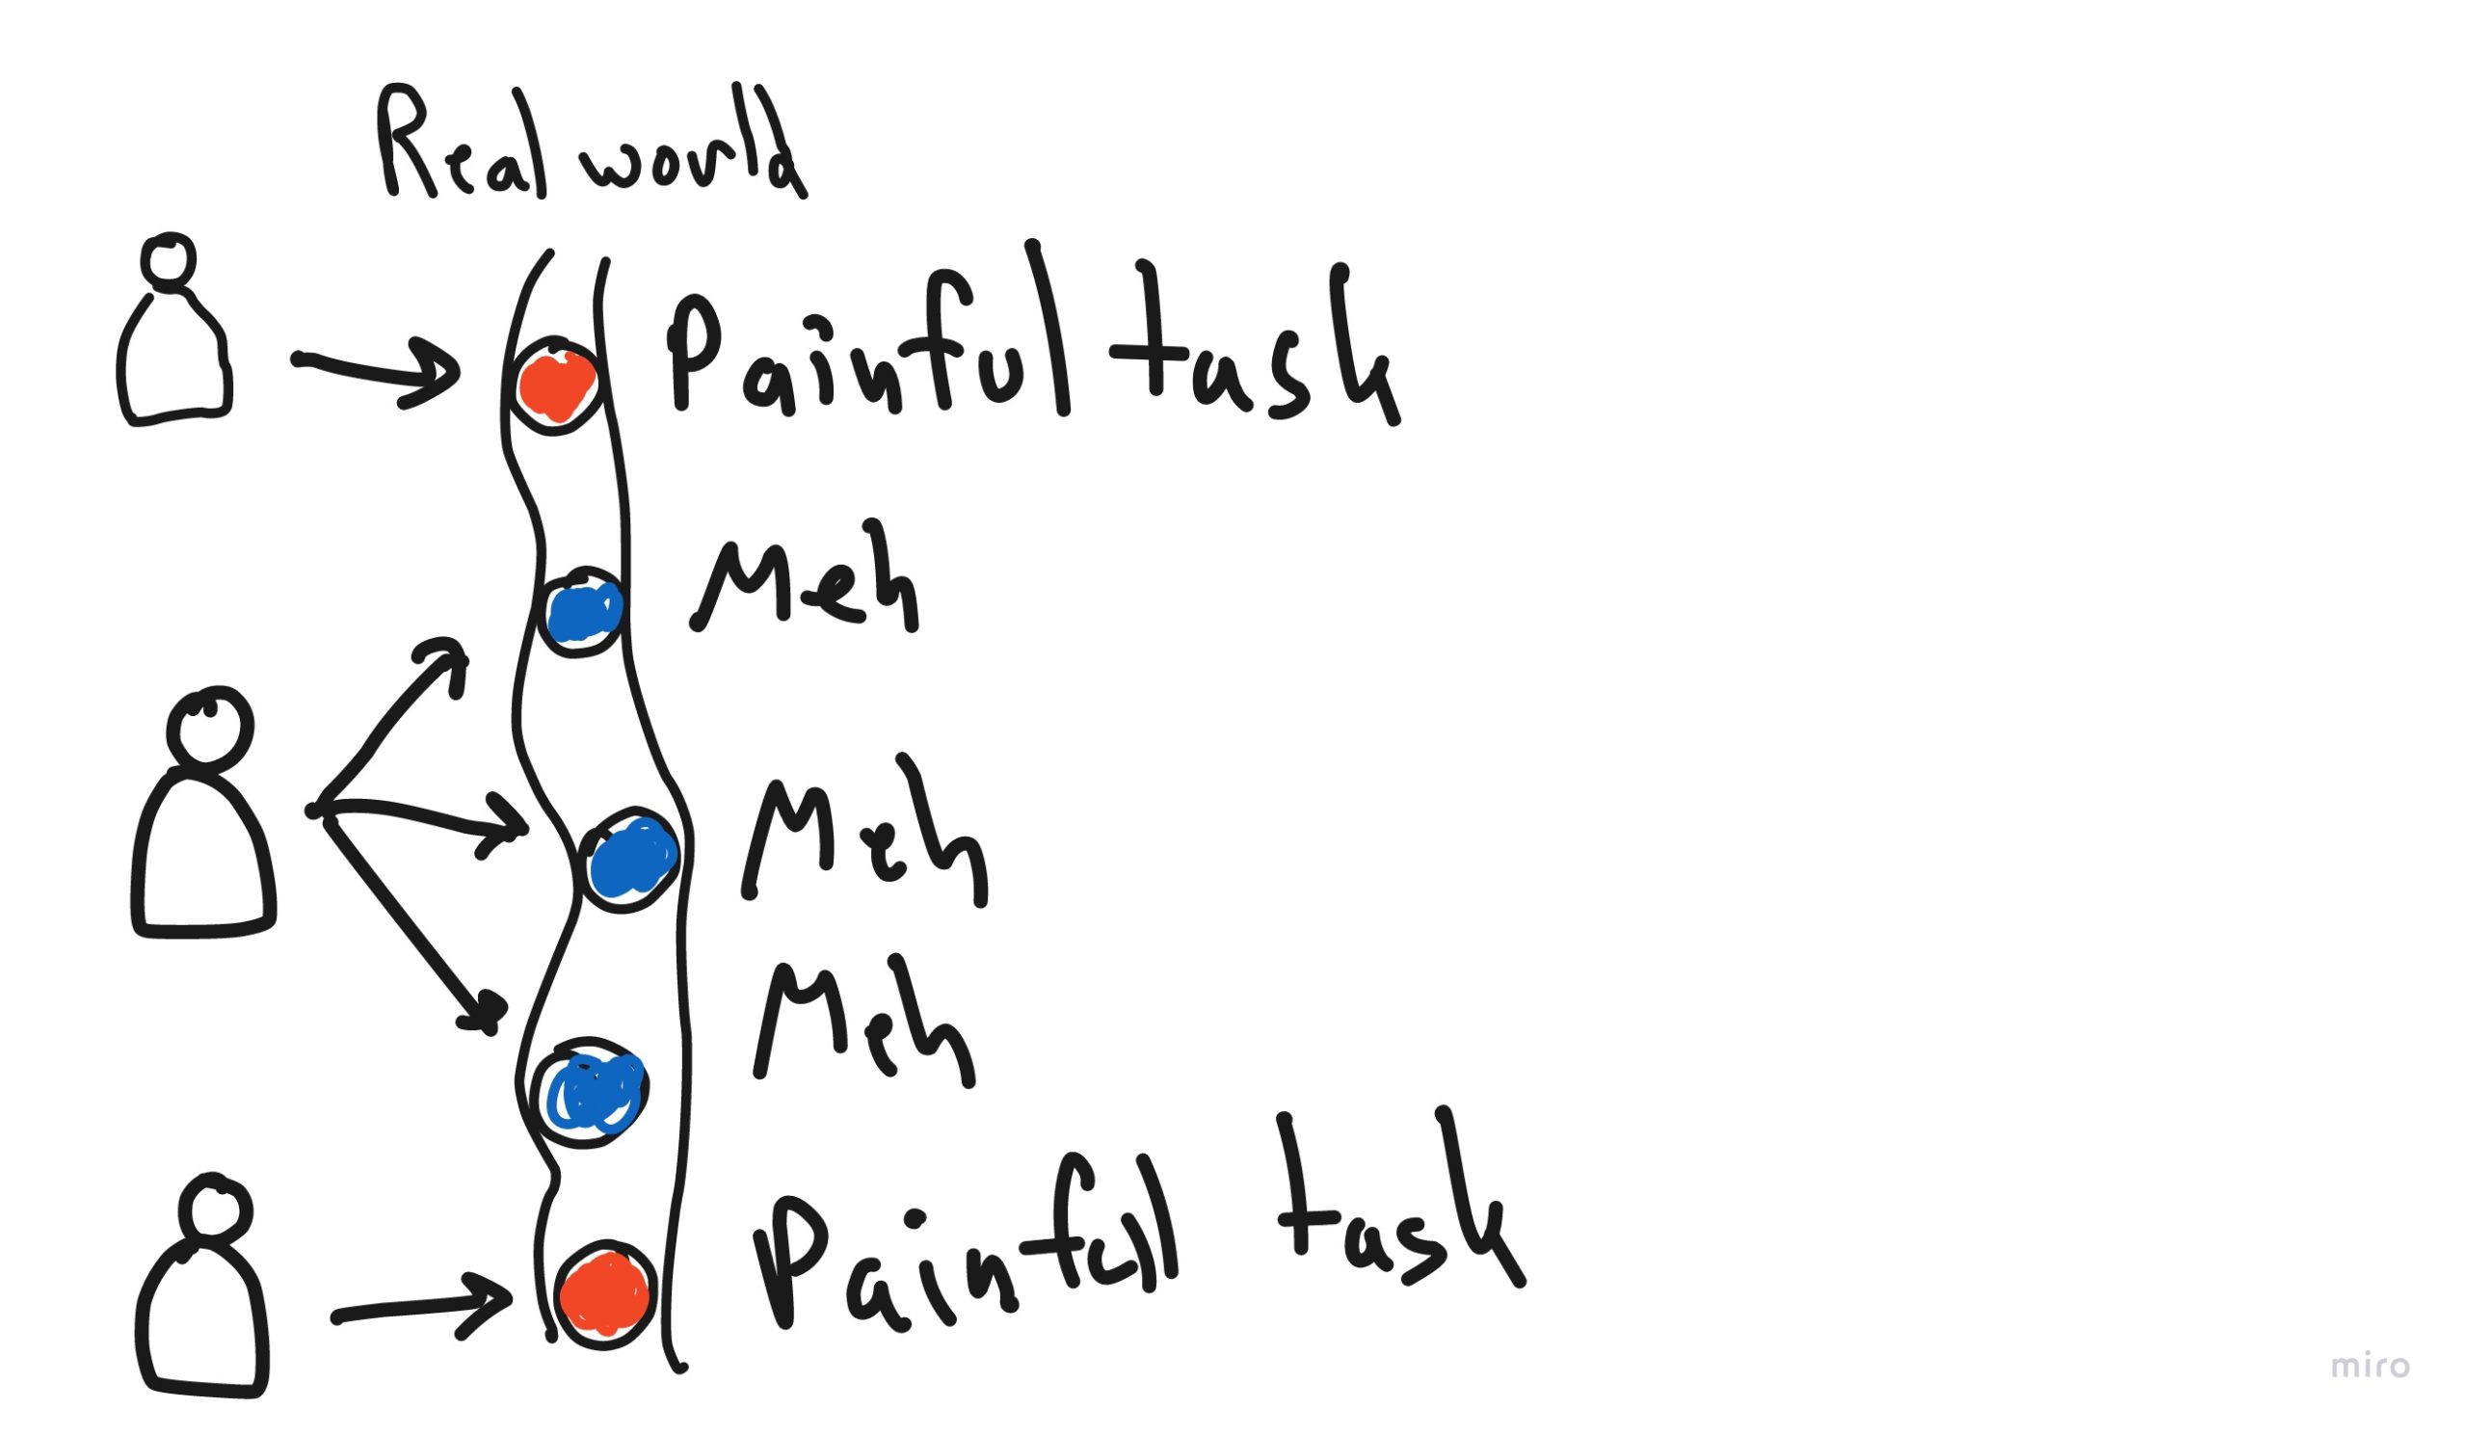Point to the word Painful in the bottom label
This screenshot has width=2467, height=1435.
(x=965, y=1243)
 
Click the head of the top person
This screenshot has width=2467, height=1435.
(x=169, y=261)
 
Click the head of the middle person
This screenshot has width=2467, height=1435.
(x=209, y=728)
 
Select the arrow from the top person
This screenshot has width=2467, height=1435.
(x=377, y=372)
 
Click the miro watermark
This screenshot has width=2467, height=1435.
(x=2370, y=1366)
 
